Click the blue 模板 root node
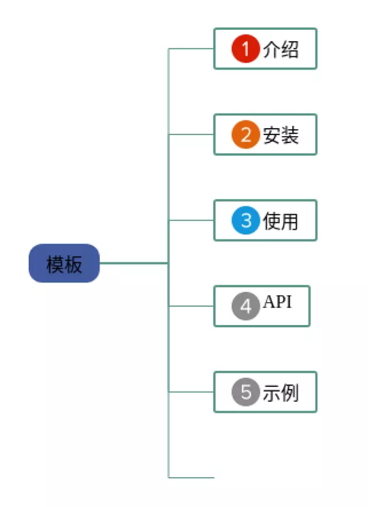point(64,263)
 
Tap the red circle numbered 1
point(246,48)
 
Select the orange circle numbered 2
point(246,134)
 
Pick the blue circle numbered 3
point(246,220)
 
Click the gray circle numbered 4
point(246,306)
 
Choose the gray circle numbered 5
point(246,392)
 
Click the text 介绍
point(281,49)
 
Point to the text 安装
point(281,135)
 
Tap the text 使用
point(281,221)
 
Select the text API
point(278,302)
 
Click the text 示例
point(281,393)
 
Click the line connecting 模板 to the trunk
point(134,263)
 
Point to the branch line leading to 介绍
point(191,48)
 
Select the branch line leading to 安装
point(191,134)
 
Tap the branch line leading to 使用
point(191,220)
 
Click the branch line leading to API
point(191,306)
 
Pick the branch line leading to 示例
point(191,392)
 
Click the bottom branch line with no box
point(191,478)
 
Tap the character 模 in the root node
point(55,264)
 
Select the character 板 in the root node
point(73,264)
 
